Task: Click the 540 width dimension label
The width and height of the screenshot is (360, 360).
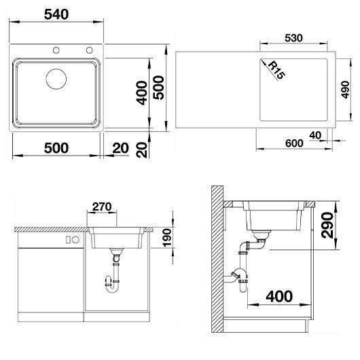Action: point(56,14)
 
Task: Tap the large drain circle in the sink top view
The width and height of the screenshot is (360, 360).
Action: point(56,79)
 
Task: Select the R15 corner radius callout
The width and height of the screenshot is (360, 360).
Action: point(277,70)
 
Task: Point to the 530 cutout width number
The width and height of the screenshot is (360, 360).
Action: point(293,38)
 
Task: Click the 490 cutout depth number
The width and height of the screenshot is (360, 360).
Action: point(345,90)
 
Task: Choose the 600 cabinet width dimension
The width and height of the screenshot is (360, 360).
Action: point(294,143)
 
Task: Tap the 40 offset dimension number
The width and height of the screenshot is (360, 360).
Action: point(315,135)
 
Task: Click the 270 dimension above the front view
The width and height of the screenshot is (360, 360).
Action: point(102,206)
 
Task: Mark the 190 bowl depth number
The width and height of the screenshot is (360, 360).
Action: point(167,238)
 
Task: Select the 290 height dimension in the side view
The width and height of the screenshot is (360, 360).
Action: point(327,226)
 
